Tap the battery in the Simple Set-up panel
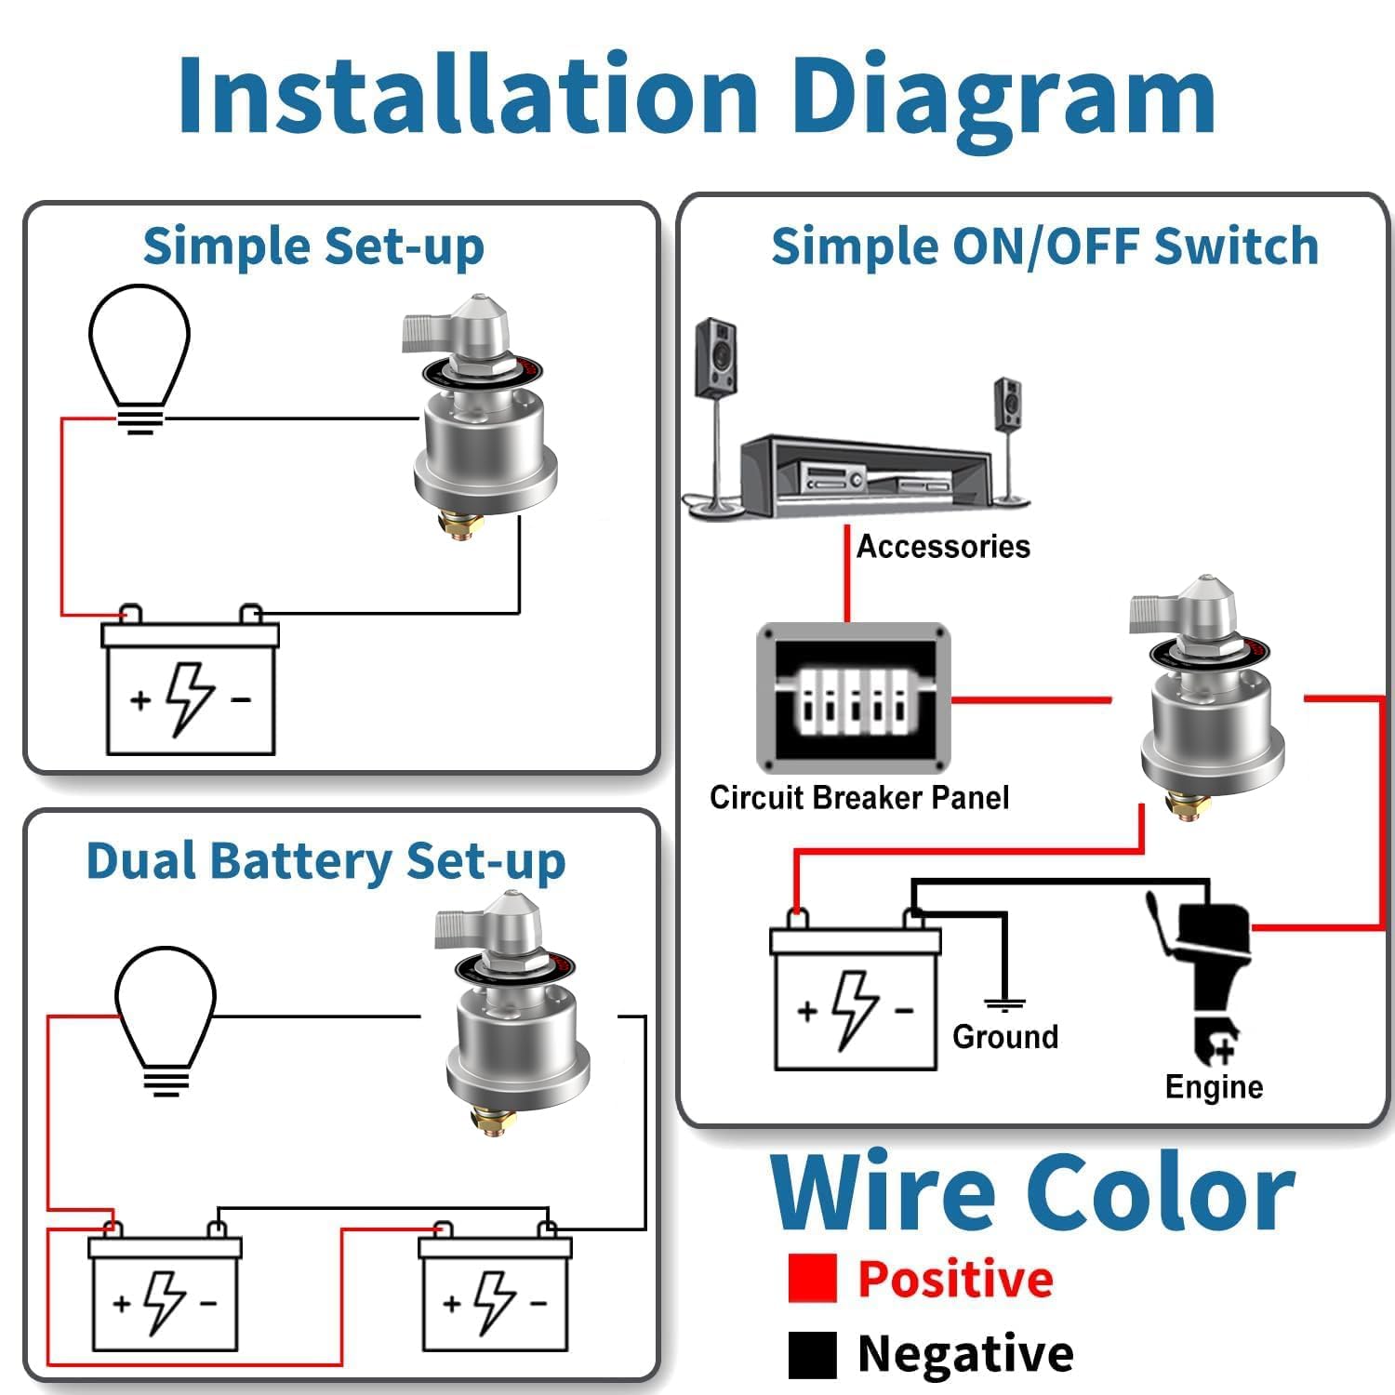click(x=191, y=679)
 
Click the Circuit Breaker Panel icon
click(x=854, y=697)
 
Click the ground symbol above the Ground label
click(x=1004, y=1004)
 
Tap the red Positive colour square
click(x=812, y=1278)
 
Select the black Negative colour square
click(x=812, y=1354)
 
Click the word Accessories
click(x=943, y=546)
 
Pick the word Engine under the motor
click(x=1214, y=1087)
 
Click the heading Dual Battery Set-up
click(x=325, y=862)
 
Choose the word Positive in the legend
click(x=956, y=1278)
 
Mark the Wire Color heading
click(x=1033, y=1191)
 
